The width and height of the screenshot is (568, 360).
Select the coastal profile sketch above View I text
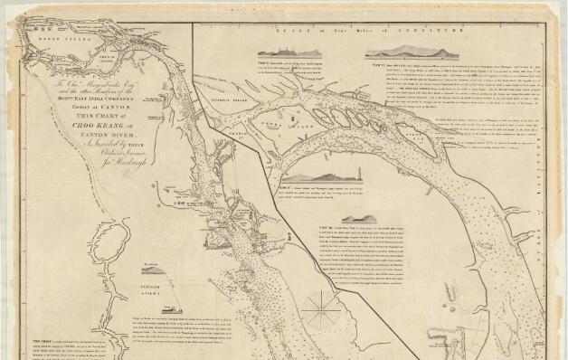(x=281, y=53)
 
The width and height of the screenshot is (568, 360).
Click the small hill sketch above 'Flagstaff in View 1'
(x=152, y=269)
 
